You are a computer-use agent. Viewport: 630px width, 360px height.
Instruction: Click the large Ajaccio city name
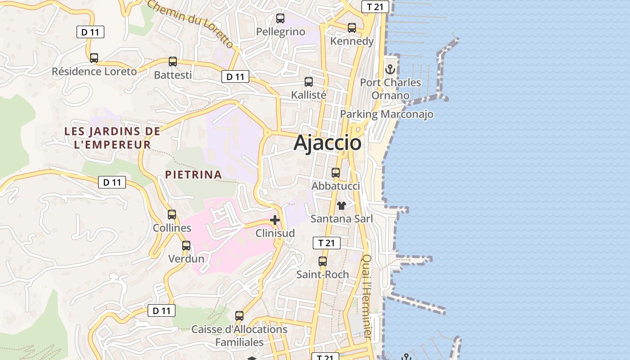(327, 143)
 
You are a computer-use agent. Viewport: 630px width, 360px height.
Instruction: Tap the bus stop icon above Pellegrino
(280, 18)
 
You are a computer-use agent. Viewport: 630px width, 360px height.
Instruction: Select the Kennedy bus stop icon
(352, 28)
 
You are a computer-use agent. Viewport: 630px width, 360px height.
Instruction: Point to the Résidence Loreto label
(94, 72)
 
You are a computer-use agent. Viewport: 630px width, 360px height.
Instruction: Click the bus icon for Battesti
(173, 62)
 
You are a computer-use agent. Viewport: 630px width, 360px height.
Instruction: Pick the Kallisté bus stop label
(309, 95)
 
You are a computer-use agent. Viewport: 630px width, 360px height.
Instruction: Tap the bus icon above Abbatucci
(336, 173)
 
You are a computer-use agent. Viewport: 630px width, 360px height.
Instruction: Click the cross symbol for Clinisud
(275, 220)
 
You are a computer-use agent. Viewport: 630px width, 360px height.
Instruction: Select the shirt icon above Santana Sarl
(342, 206)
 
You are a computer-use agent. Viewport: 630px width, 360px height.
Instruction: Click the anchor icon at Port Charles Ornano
(390, 69)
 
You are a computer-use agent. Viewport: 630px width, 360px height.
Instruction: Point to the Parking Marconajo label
(387, 114)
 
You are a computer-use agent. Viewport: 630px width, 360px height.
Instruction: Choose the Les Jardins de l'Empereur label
(112, 138)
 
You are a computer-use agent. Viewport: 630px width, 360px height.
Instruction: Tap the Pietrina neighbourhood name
(193, 175)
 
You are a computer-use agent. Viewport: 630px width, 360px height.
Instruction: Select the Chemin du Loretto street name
(190, 22)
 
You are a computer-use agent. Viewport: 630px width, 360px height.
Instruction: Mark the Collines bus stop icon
(172, 215)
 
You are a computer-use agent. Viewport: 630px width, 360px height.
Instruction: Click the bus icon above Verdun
(186, 246)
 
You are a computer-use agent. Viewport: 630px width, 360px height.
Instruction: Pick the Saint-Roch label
(322, 274)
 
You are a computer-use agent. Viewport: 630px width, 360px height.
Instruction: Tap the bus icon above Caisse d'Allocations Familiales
(239, 316)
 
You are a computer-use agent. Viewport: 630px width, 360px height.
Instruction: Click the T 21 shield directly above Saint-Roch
(326, 243)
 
